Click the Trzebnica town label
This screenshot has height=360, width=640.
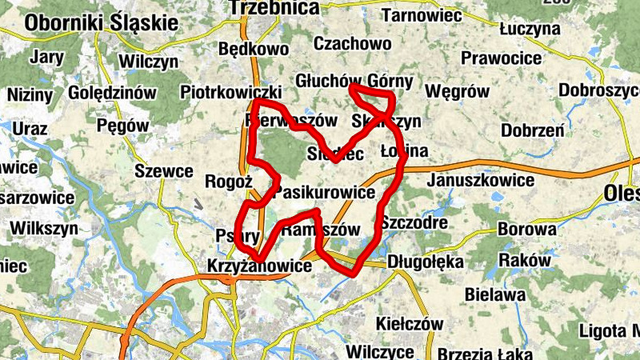(x=274, y=8)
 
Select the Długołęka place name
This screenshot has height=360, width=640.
(x=425, y=261)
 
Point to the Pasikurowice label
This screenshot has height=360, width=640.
(x=325, y=193)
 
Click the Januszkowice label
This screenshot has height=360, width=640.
(x=481, y=181)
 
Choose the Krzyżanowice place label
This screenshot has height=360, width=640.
(x=258, y=266)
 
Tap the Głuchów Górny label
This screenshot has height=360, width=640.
(x=354, y=82)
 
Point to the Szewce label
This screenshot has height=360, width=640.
(x=163, y=171)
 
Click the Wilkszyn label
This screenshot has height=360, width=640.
(x=44, y=228)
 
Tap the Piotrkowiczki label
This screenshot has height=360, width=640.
(x=230, y=91)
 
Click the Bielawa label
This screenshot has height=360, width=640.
(x=500, y=294)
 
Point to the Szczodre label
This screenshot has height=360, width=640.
(x=414, y=222)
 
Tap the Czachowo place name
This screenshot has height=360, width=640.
(x=353, y=43)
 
